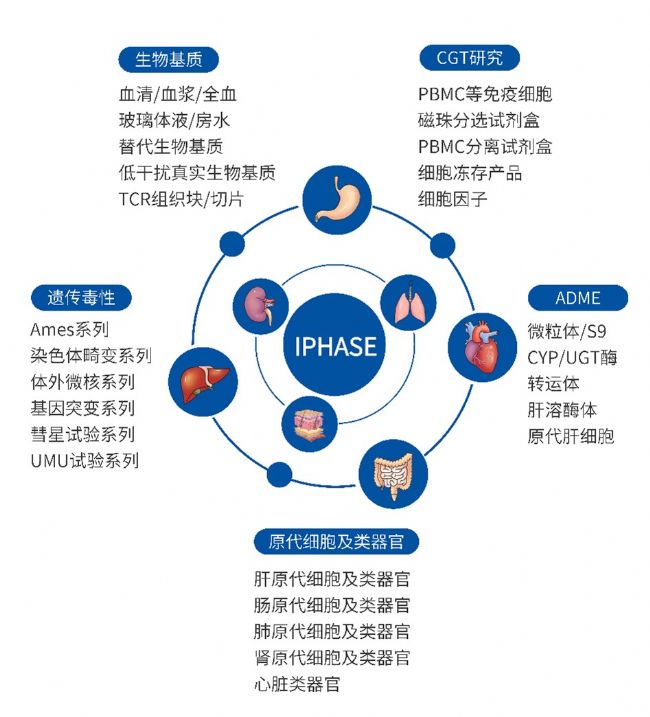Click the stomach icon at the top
pos(337,200)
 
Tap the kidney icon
pos(261,305)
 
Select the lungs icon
pos(408,302)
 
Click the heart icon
pos(482,348)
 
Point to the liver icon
pos(203,382)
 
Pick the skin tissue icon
pos(309,424)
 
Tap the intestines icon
pos(393,474)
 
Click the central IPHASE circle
pos(335,345)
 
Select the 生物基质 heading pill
pos(168,59)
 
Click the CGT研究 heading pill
pos(470,58)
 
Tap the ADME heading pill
pos(578,298)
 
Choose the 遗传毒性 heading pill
pos(81,298)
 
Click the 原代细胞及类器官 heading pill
pos(336,542)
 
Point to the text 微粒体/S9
pos(567,331)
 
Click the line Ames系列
pos(70,329)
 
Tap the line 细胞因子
pos(452,199)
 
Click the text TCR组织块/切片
pos(181,199)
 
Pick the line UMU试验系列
pos(85,460)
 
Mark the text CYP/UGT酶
pos(572,357)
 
